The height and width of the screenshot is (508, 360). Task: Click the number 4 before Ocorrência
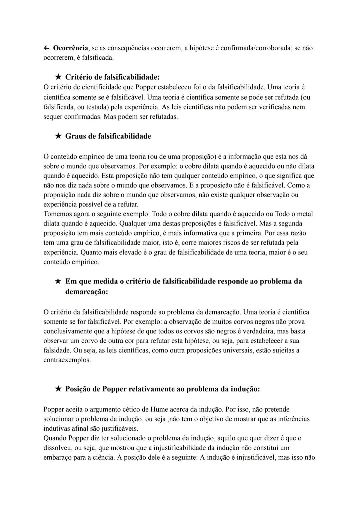pos(45,48)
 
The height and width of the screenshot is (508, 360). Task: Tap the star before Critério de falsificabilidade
pos(58,77)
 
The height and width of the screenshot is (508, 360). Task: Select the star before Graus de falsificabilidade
pos(58,136)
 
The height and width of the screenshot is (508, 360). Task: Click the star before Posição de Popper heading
pos(58,389)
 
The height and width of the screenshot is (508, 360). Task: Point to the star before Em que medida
pos(58,281)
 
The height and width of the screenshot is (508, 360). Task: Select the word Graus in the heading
pos(75,136)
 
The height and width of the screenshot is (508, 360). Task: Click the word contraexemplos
pos(67,360)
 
